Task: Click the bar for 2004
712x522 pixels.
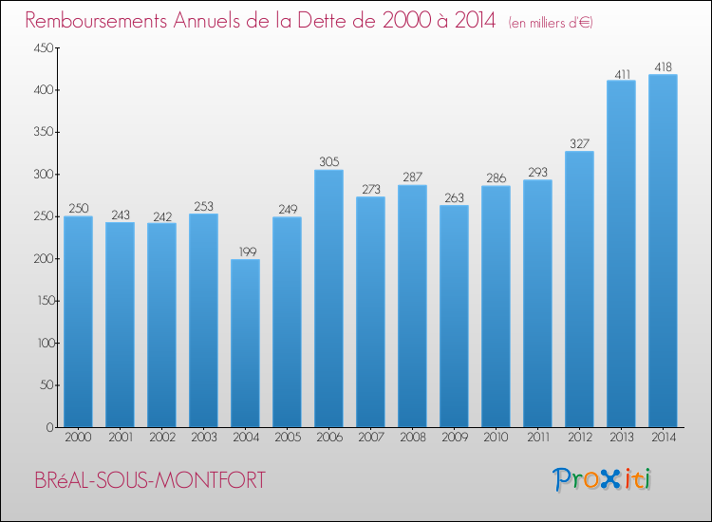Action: pos(245,343)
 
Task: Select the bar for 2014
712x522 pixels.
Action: pos(663,251)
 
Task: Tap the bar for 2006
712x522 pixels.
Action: pos(328,298)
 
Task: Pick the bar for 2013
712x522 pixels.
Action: pos(621,253)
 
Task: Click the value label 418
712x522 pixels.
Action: pos(663,66)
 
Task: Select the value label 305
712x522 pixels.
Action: pos(328,162)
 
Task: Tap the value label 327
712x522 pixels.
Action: pos(579,143)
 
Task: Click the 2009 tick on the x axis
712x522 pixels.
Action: pos(454,438)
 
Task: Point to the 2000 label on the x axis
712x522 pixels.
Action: pos(78,438)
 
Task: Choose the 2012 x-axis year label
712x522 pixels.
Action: pos(579,438)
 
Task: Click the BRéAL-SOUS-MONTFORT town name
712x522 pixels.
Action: pos(149,480)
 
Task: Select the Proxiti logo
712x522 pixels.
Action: pos(602,479)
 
